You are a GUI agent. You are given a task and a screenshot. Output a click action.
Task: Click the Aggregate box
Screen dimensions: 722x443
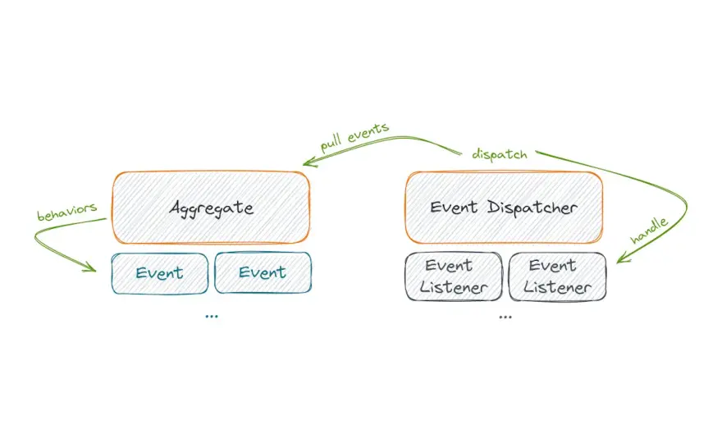click(212, 208)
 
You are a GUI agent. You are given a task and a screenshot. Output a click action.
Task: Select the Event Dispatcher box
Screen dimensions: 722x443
click(504, 208)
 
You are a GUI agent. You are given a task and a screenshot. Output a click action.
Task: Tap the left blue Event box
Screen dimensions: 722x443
click(160, 273)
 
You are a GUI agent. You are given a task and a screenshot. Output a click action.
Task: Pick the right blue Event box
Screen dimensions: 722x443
click(263, 272)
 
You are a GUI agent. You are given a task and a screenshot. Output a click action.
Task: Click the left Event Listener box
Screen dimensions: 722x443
click(454, 276)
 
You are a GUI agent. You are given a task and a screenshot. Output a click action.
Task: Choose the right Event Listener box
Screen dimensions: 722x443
click(557, 276)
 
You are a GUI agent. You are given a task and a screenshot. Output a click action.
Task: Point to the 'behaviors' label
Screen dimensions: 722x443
click(67, 212)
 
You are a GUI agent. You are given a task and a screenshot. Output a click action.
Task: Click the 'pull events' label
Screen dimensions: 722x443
click(354, 137)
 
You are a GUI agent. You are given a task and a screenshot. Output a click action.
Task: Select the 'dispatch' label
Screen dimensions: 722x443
click(500, 154)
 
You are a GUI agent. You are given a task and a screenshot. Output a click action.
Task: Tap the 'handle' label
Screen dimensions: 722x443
click(649, 231)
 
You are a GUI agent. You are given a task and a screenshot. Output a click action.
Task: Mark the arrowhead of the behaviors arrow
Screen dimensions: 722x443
click(90, 267)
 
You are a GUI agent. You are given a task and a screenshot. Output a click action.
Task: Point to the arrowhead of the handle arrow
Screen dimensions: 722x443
click(622, 258)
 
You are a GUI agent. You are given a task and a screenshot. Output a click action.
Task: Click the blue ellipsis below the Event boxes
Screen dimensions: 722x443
click(212, 317)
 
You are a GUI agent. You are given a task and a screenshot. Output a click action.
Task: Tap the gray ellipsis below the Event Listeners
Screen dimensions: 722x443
click(505, 317)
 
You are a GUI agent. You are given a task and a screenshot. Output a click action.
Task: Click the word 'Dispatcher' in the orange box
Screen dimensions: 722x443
click(532, 208)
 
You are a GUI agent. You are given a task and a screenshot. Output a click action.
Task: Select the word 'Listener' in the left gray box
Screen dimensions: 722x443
click(454, 287)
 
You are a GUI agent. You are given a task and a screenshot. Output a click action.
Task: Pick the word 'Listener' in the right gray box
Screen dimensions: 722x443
click(557, 287)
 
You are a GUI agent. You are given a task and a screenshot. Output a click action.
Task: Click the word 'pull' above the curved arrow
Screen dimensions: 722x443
click(331, 143)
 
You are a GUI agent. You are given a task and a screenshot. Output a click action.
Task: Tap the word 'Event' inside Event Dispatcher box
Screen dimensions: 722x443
click(454, 208)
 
